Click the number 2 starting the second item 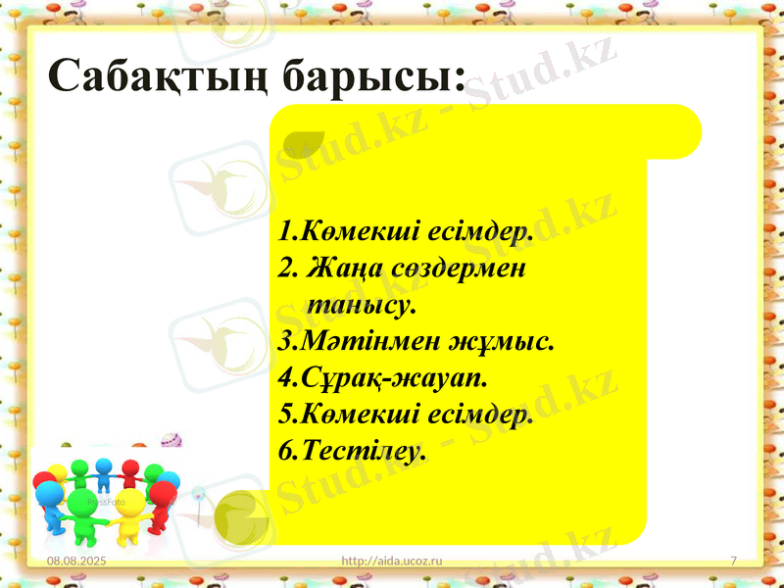tap(285, 268)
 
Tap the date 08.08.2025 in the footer tap(74, 560)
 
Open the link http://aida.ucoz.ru tap(391, 560)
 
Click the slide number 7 tap(734, 560)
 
